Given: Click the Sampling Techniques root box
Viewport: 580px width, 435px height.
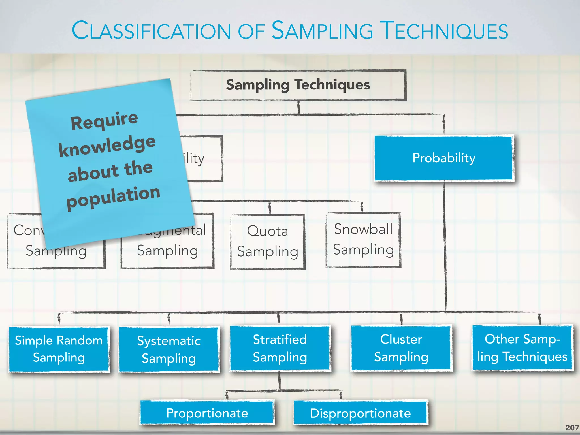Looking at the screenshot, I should coord(298,85).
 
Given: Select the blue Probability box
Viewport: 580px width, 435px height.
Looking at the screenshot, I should coord(444,158).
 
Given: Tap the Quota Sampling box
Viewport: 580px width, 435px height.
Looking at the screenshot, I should coord(268,242).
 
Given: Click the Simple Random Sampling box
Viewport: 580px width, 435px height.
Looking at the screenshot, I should coord(59,349).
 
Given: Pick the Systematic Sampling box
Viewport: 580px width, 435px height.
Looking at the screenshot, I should coord(169,349).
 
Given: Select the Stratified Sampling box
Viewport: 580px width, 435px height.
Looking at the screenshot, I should coord(280,348).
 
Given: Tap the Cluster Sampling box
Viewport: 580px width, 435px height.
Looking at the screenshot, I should coord(401,348).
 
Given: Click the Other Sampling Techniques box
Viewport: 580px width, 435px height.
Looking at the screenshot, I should coord(522,348).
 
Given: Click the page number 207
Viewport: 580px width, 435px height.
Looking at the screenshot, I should coord(572,428).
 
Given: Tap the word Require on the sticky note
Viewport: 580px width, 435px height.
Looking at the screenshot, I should coord(104,121).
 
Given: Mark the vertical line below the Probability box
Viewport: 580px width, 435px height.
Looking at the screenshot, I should coord(445,246).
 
